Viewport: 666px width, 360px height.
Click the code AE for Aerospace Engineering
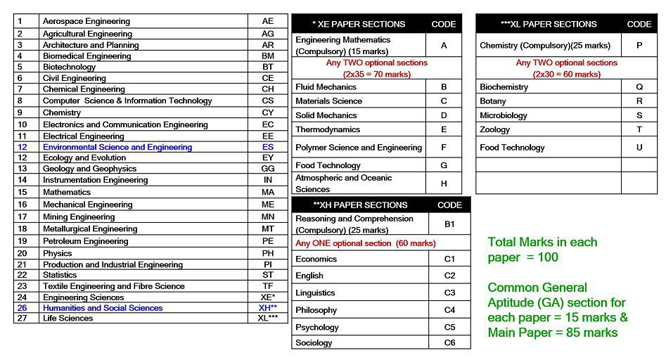(267, 21)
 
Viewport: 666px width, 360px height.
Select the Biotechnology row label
(69, 67)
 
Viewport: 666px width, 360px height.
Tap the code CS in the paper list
(267, 101)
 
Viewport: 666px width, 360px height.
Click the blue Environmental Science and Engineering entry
(117, 147)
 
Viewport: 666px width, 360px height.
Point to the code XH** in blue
(267, 308)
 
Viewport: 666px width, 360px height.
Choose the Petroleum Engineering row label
(85, 241)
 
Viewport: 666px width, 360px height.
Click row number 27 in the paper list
(22, 319)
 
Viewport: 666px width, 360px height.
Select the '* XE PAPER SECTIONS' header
(359, 24)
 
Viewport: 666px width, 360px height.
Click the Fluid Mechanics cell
(326, 87)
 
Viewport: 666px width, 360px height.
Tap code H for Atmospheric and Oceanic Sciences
(444, 184)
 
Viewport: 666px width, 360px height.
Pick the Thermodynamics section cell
(328, 129)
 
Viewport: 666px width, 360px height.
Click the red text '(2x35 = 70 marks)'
(377, 74)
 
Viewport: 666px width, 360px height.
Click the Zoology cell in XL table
(495, 130)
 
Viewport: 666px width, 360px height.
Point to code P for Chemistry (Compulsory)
(639, 45)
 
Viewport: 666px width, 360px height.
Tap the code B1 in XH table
(449, 224)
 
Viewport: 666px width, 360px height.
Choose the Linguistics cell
(315, 292)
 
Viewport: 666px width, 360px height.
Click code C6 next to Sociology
(449, 342)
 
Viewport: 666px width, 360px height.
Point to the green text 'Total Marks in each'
(542, 242)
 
